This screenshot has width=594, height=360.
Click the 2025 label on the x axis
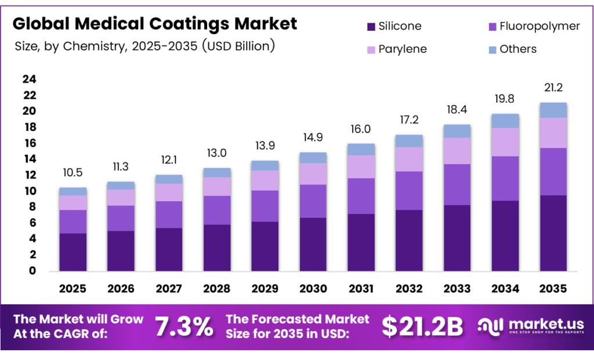73,288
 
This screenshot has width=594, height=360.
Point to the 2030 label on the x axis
313,288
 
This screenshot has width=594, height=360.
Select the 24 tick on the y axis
29,79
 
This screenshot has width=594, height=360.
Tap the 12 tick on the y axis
29,175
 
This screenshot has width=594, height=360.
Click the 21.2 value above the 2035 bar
552,88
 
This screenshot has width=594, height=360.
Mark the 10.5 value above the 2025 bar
73,173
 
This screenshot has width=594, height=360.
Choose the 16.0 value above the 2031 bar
361,129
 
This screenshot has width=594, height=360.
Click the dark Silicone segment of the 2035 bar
552,233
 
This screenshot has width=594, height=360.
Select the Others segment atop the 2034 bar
505,121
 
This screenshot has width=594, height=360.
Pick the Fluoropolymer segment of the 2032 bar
408,191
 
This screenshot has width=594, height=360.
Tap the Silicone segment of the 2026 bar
121,251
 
